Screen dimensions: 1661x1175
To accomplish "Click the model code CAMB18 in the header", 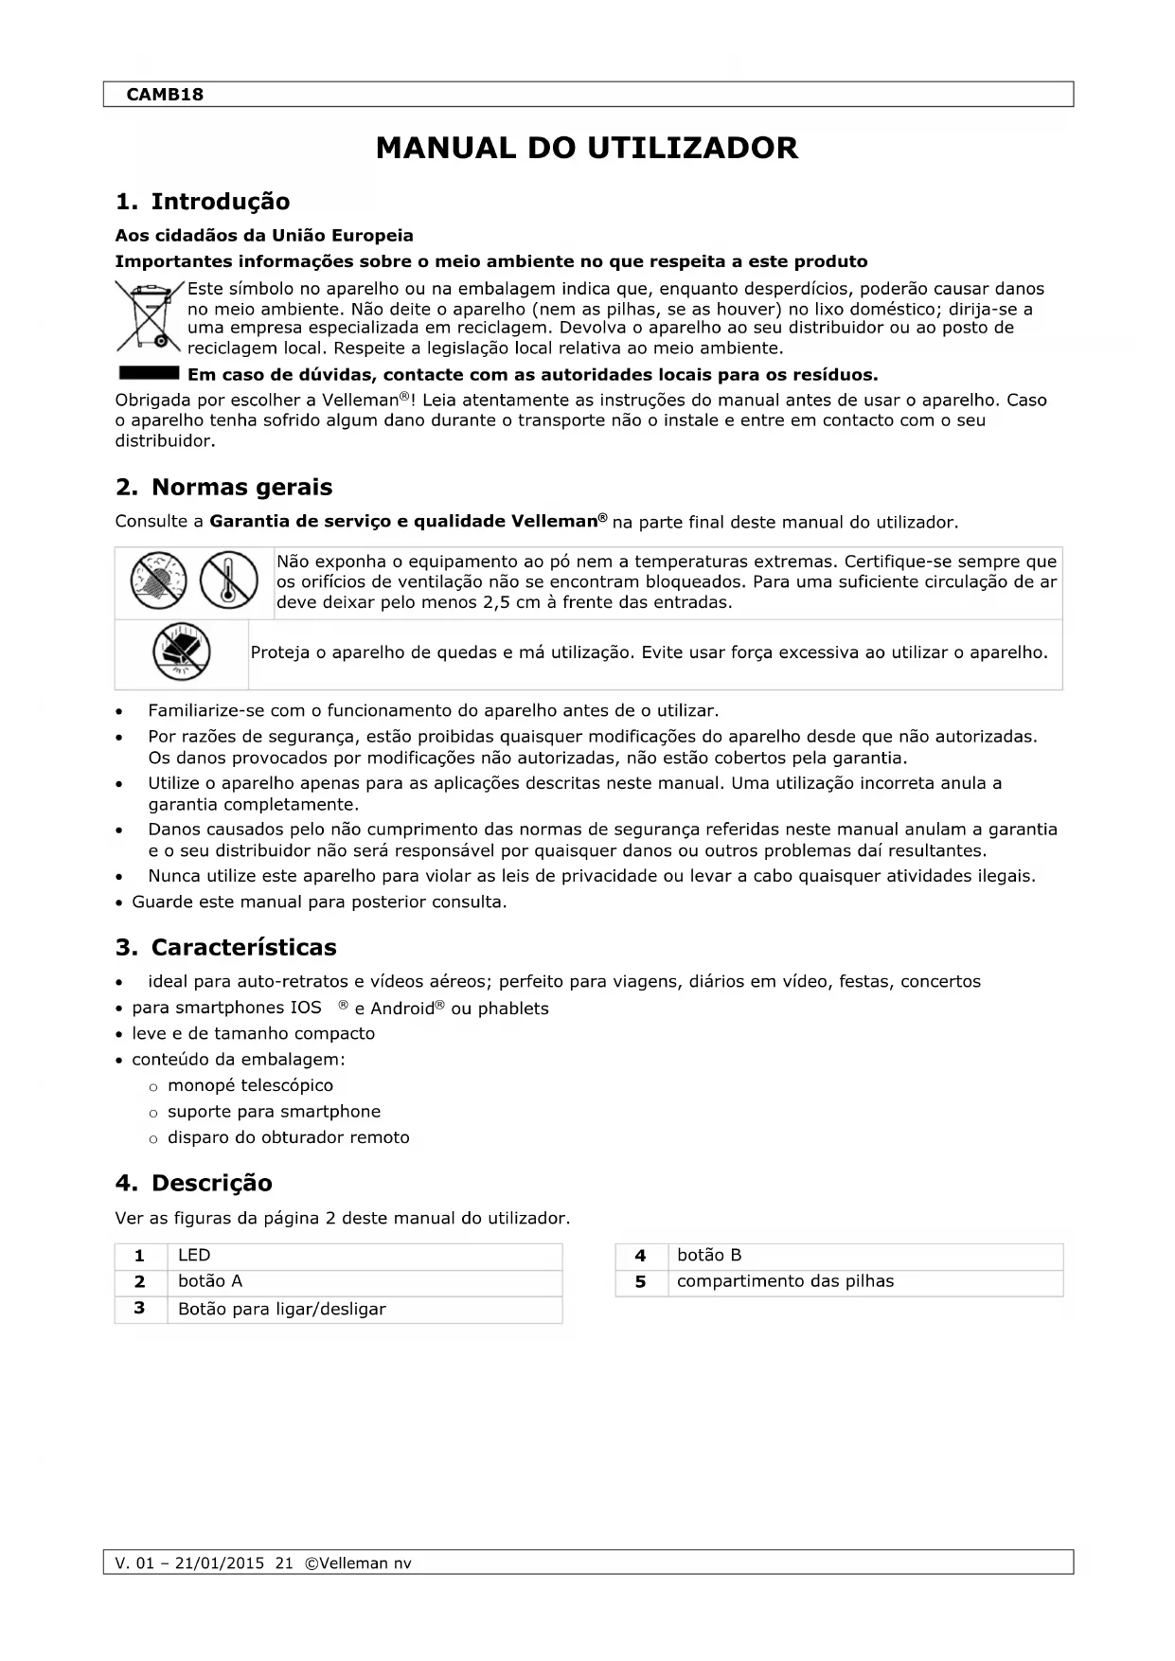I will tap(165, 95).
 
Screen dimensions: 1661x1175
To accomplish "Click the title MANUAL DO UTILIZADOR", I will tap(586, 149).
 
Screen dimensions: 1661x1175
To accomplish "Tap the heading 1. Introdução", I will tap(202, 202).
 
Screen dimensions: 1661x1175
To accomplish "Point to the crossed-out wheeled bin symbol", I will tap(146, 316).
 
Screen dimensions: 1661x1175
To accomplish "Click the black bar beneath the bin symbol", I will tap(148, 371).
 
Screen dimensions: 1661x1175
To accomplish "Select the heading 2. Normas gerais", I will tap(223, 488).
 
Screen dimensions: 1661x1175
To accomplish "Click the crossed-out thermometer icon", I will tap(229, 580).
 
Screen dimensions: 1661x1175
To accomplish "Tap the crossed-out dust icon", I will tap(158, 580).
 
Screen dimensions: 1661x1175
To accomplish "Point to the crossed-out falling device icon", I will tap(181, 652).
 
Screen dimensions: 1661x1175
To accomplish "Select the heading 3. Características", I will tap(225, 948).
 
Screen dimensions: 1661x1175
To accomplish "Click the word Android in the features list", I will tap(402, 1009).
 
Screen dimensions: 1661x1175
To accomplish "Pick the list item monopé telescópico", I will tap(250, 1086).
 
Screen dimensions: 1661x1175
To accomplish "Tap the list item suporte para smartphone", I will tap(274, 1112).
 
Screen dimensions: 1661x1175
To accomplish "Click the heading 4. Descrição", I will tap(193, 1184).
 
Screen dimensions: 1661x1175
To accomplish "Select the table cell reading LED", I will tap(194, 1256).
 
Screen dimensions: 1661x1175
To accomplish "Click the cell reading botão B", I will tap(709, 1256).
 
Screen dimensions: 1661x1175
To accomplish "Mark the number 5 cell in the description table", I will tap(641, 1282).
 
